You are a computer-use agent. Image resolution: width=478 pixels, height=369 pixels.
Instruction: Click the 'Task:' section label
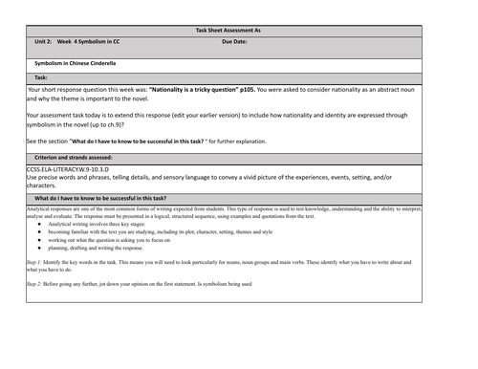41,77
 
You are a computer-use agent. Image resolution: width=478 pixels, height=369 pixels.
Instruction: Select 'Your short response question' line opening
67,88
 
